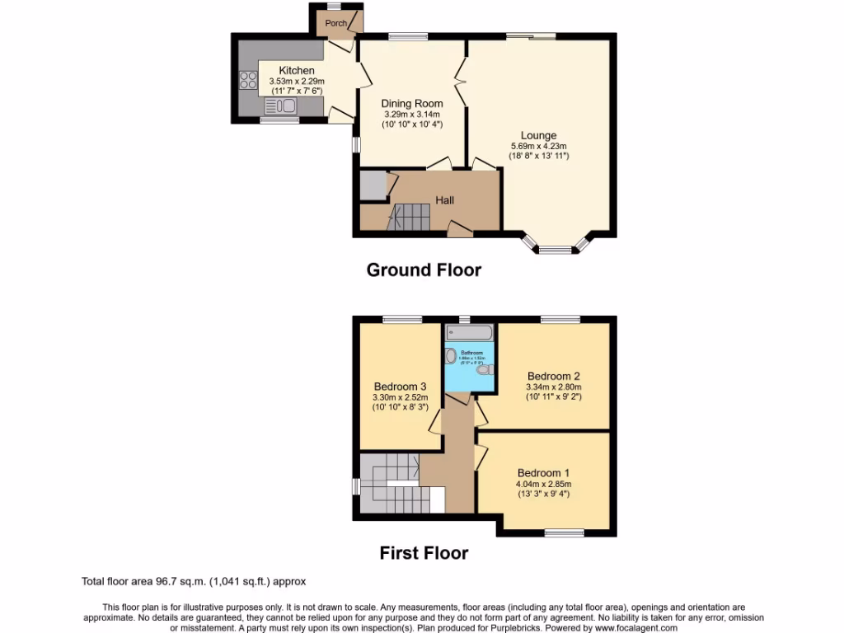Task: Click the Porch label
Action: click(x=335, y=23)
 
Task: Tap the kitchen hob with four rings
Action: click(x=248, y=81)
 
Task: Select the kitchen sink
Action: click(x=281, y=105)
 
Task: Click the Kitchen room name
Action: click(x=296, y=71)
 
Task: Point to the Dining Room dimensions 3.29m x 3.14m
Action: click(x=411, y=115)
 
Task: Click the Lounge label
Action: click(x=538, y=136)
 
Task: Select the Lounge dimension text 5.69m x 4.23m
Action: click(x=538, y=147)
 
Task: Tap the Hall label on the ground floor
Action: click(x=444, y=200)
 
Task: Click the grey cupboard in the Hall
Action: click(x=373, y=185)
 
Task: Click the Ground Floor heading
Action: click(x=424, y=270)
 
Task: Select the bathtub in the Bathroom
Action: click(x=468, y=332)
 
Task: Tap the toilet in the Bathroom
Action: click(x=484, y=371)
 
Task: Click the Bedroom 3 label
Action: click(x=400, y=387)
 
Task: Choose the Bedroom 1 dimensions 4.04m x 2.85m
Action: click(x=543, y=484)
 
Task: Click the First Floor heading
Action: click(x=424, y=553)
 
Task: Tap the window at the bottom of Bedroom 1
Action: click(x=565, y=533)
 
